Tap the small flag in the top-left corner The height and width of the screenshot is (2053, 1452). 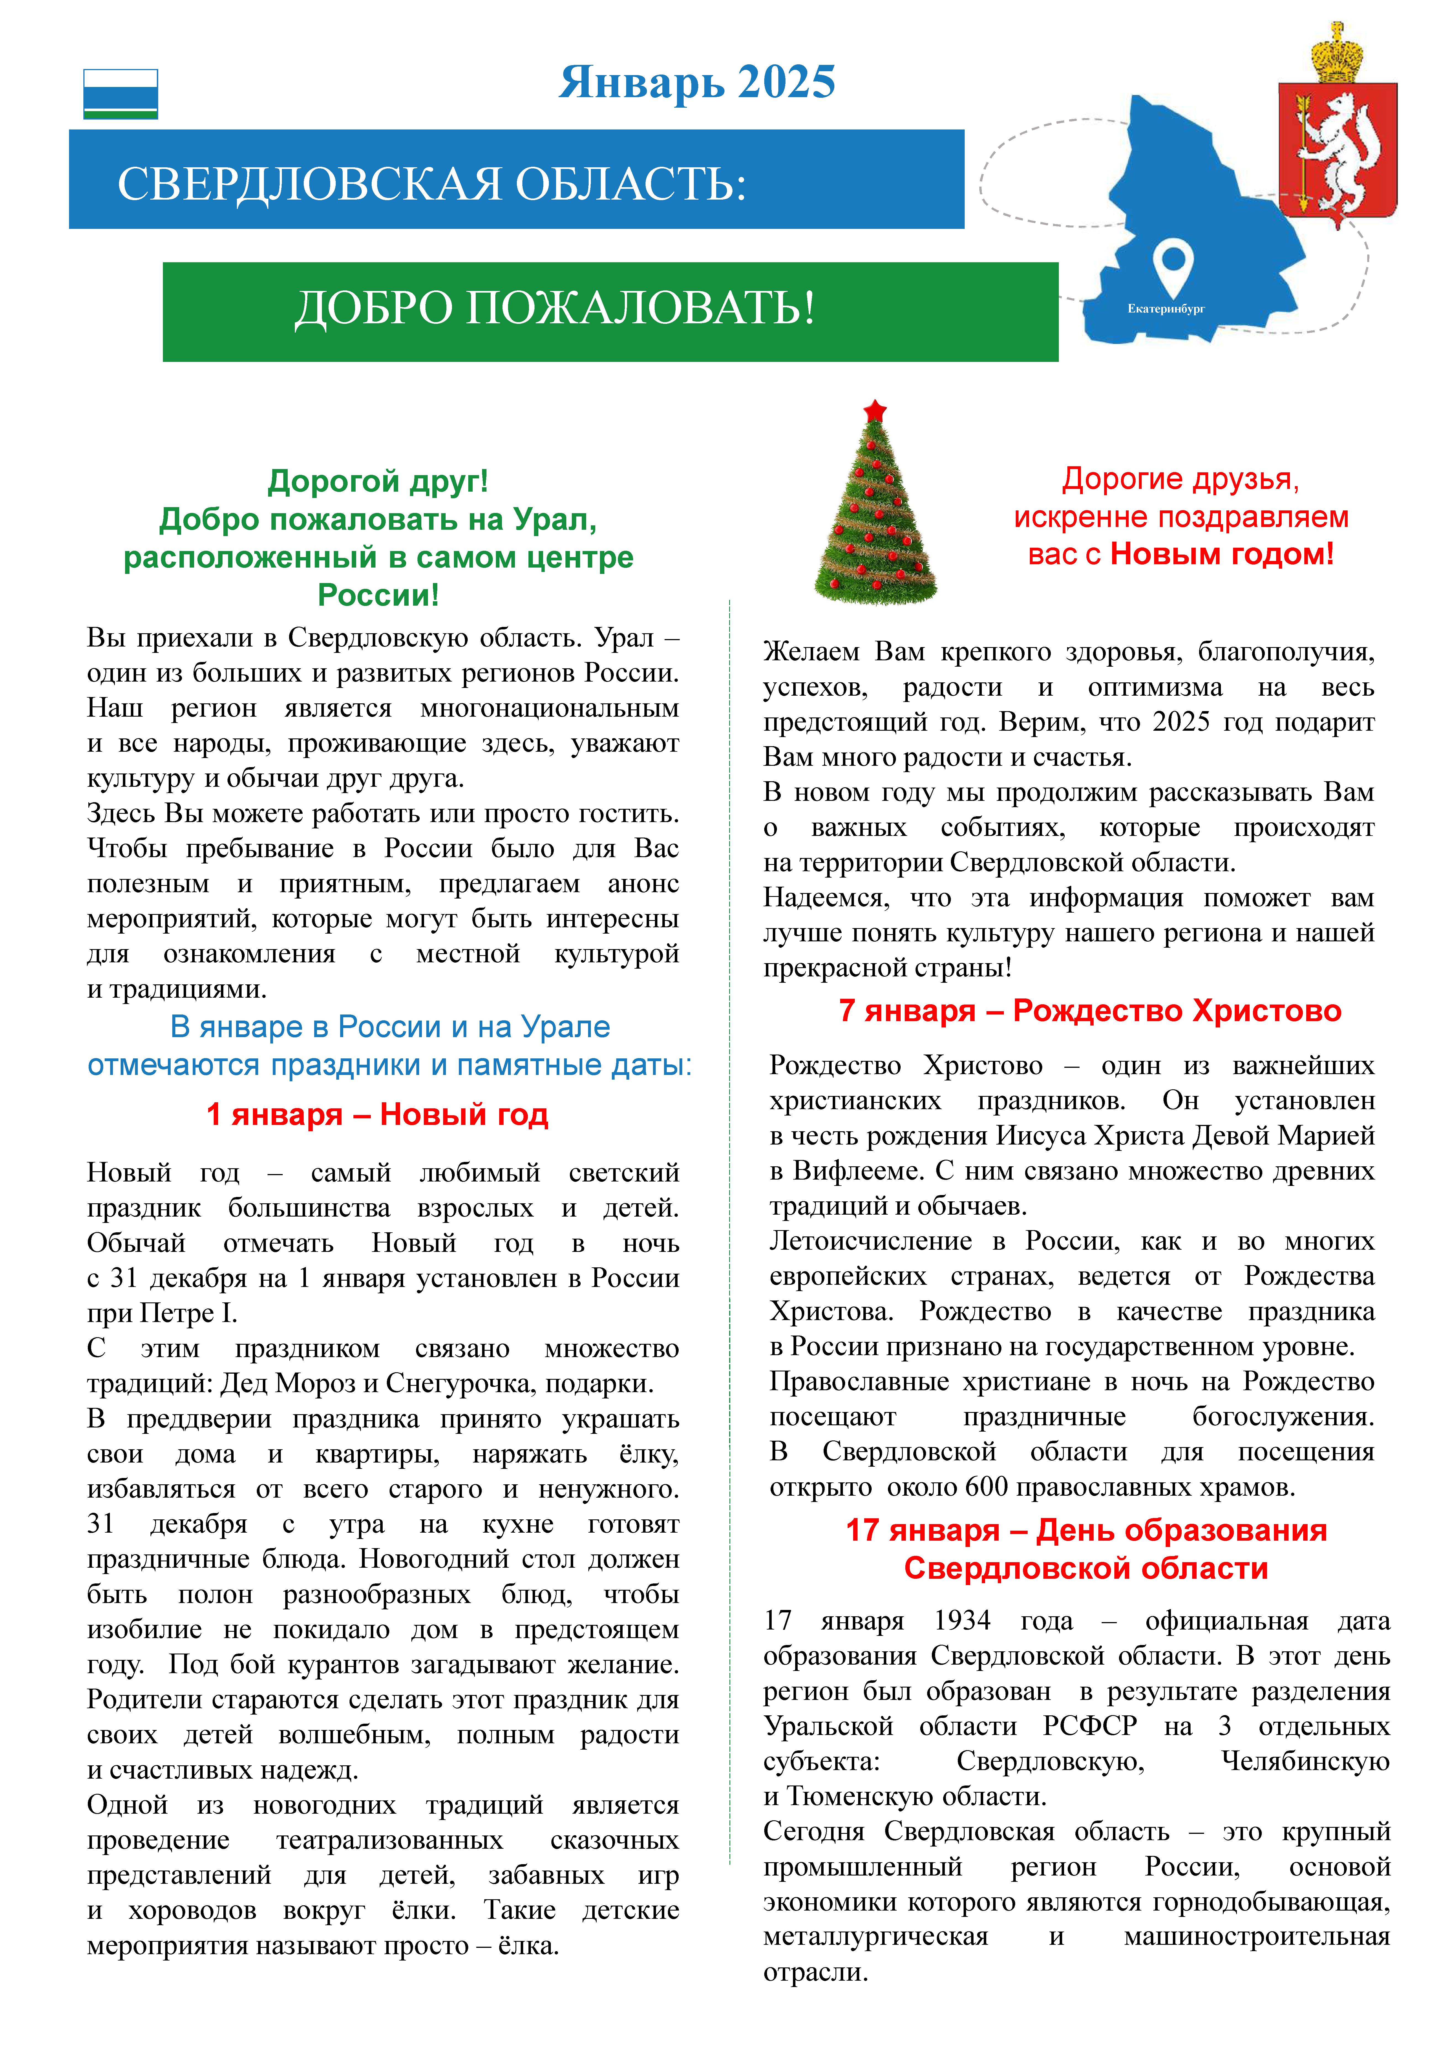point(121,94)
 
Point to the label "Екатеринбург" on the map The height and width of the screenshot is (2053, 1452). point(1166,308)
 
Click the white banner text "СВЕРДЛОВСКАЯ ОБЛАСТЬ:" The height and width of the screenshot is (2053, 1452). point(432,184)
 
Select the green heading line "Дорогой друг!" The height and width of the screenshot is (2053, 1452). point(378,481)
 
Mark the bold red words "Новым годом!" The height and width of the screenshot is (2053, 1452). point(1221,554)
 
